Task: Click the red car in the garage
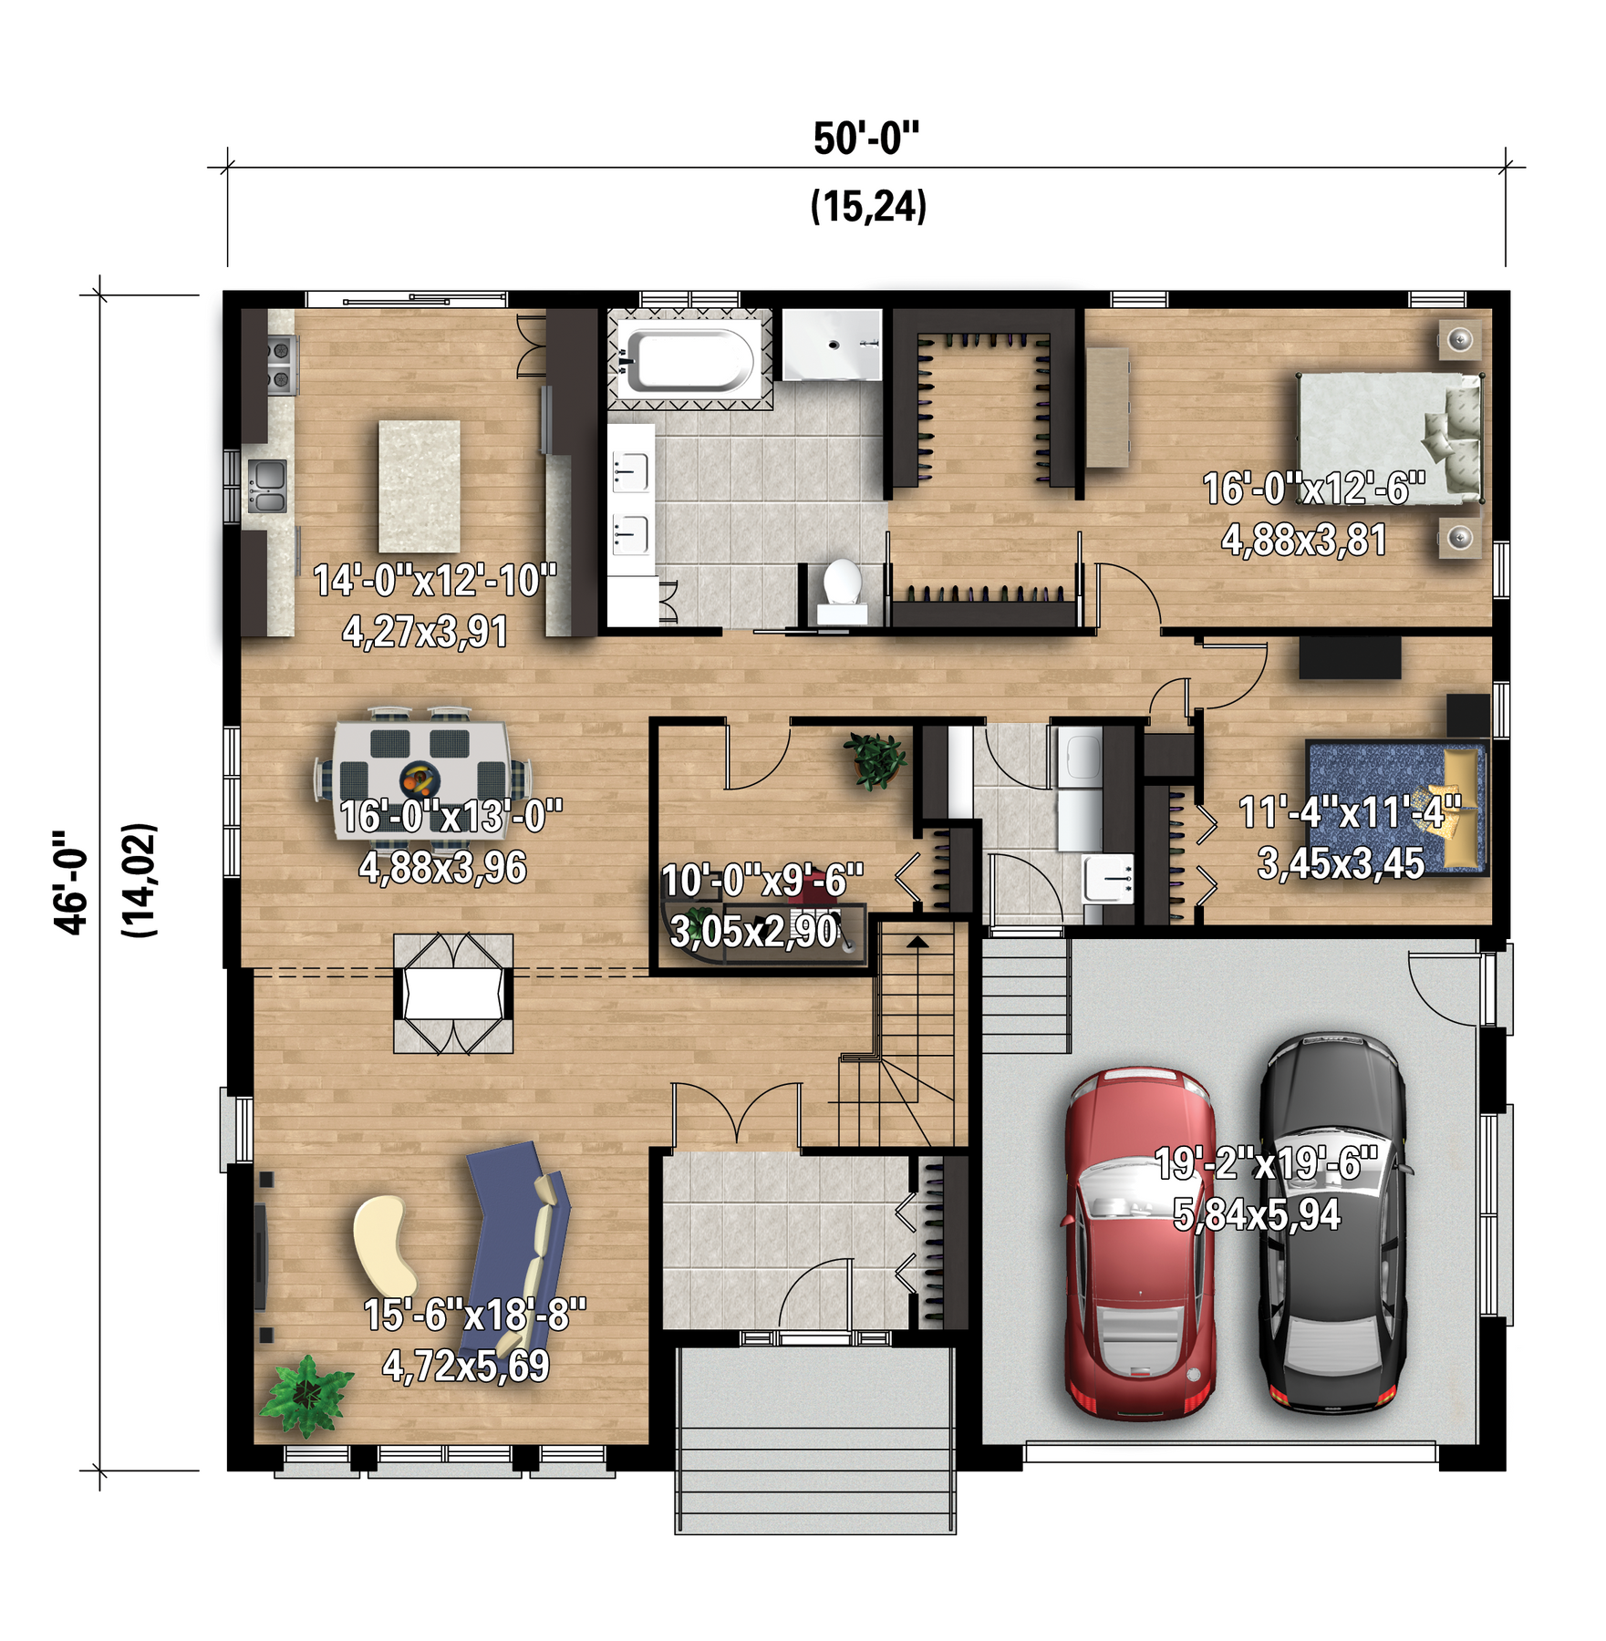(x=1139, y=1244)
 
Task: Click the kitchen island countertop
(x=420, y=486)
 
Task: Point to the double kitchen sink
(x=267, y=486)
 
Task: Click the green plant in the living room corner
(x=306, y=1396)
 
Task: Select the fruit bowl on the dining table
(x=420, y=779)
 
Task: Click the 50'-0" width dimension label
(x=866, y=139)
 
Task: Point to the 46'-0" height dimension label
(x=72, y=882)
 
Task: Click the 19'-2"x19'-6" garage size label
(x=1267, y=1164)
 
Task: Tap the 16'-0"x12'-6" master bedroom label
(x=1314, y=490)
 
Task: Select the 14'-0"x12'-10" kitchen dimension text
(x=435, y=581)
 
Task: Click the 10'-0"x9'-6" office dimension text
(x=762, y=881)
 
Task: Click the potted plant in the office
(x=875, y=760)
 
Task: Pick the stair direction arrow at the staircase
(x=917, y=943)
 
